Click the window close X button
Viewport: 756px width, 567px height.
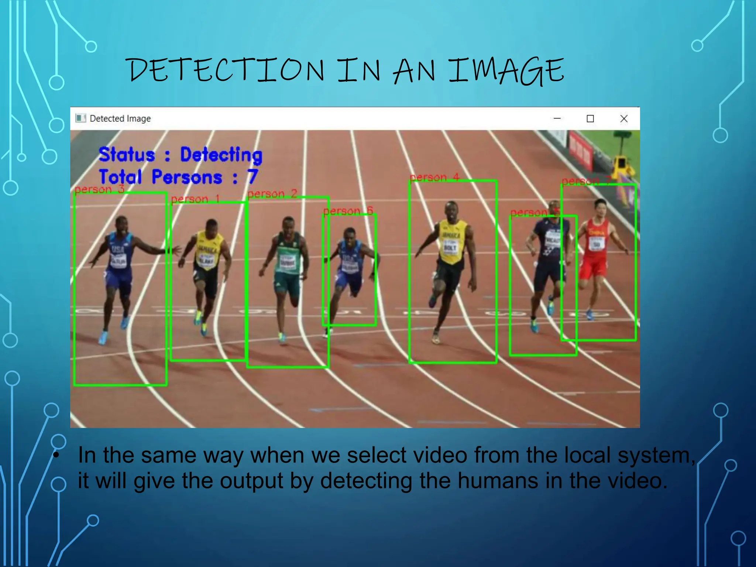click(x=624, y=118)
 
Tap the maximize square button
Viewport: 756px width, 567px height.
click(x=590, y=118)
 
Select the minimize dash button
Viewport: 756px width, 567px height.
click(x=557, y=118)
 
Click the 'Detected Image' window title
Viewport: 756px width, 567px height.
click(x=120, y=118)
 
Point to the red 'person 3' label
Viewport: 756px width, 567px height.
click(x=99, y=189)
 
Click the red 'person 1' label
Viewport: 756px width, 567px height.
click(x=195, y=199)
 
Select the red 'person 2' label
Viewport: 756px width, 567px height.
click(x=272, y=194)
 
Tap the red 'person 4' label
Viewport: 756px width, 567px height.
click(x=434, y=178)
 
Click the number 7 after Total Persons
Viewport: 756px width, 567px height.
click(x=252, y=177)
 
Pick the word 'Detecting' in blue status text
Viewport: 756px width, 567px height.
click(x=221, y=155)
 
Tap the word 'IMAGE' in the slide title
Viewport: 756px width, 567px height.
click(x=506, y=71)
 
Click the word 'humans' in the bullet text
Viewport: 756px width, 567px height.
click(x=498, y=481)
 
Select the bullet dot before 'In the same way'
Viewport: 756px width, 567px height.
click(x=56, y=455)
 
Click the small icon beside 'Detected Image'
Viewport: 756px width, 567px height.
click(x=80, y=118)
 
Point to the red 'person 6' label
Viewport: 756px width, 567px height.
click(x=348, y=211)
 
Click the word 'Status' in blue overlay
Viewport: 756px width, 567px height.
click(x=127, y=155)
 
